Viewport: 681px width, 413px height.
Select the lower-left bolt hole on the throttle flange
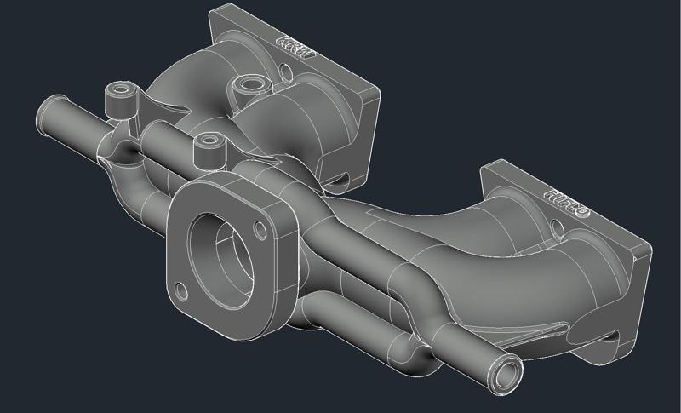pos(180,288)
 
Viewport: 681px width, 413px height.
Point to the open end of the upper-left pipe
pos(45,112)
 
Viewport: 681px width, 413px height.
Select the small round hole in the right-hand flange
pos(557,227)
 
